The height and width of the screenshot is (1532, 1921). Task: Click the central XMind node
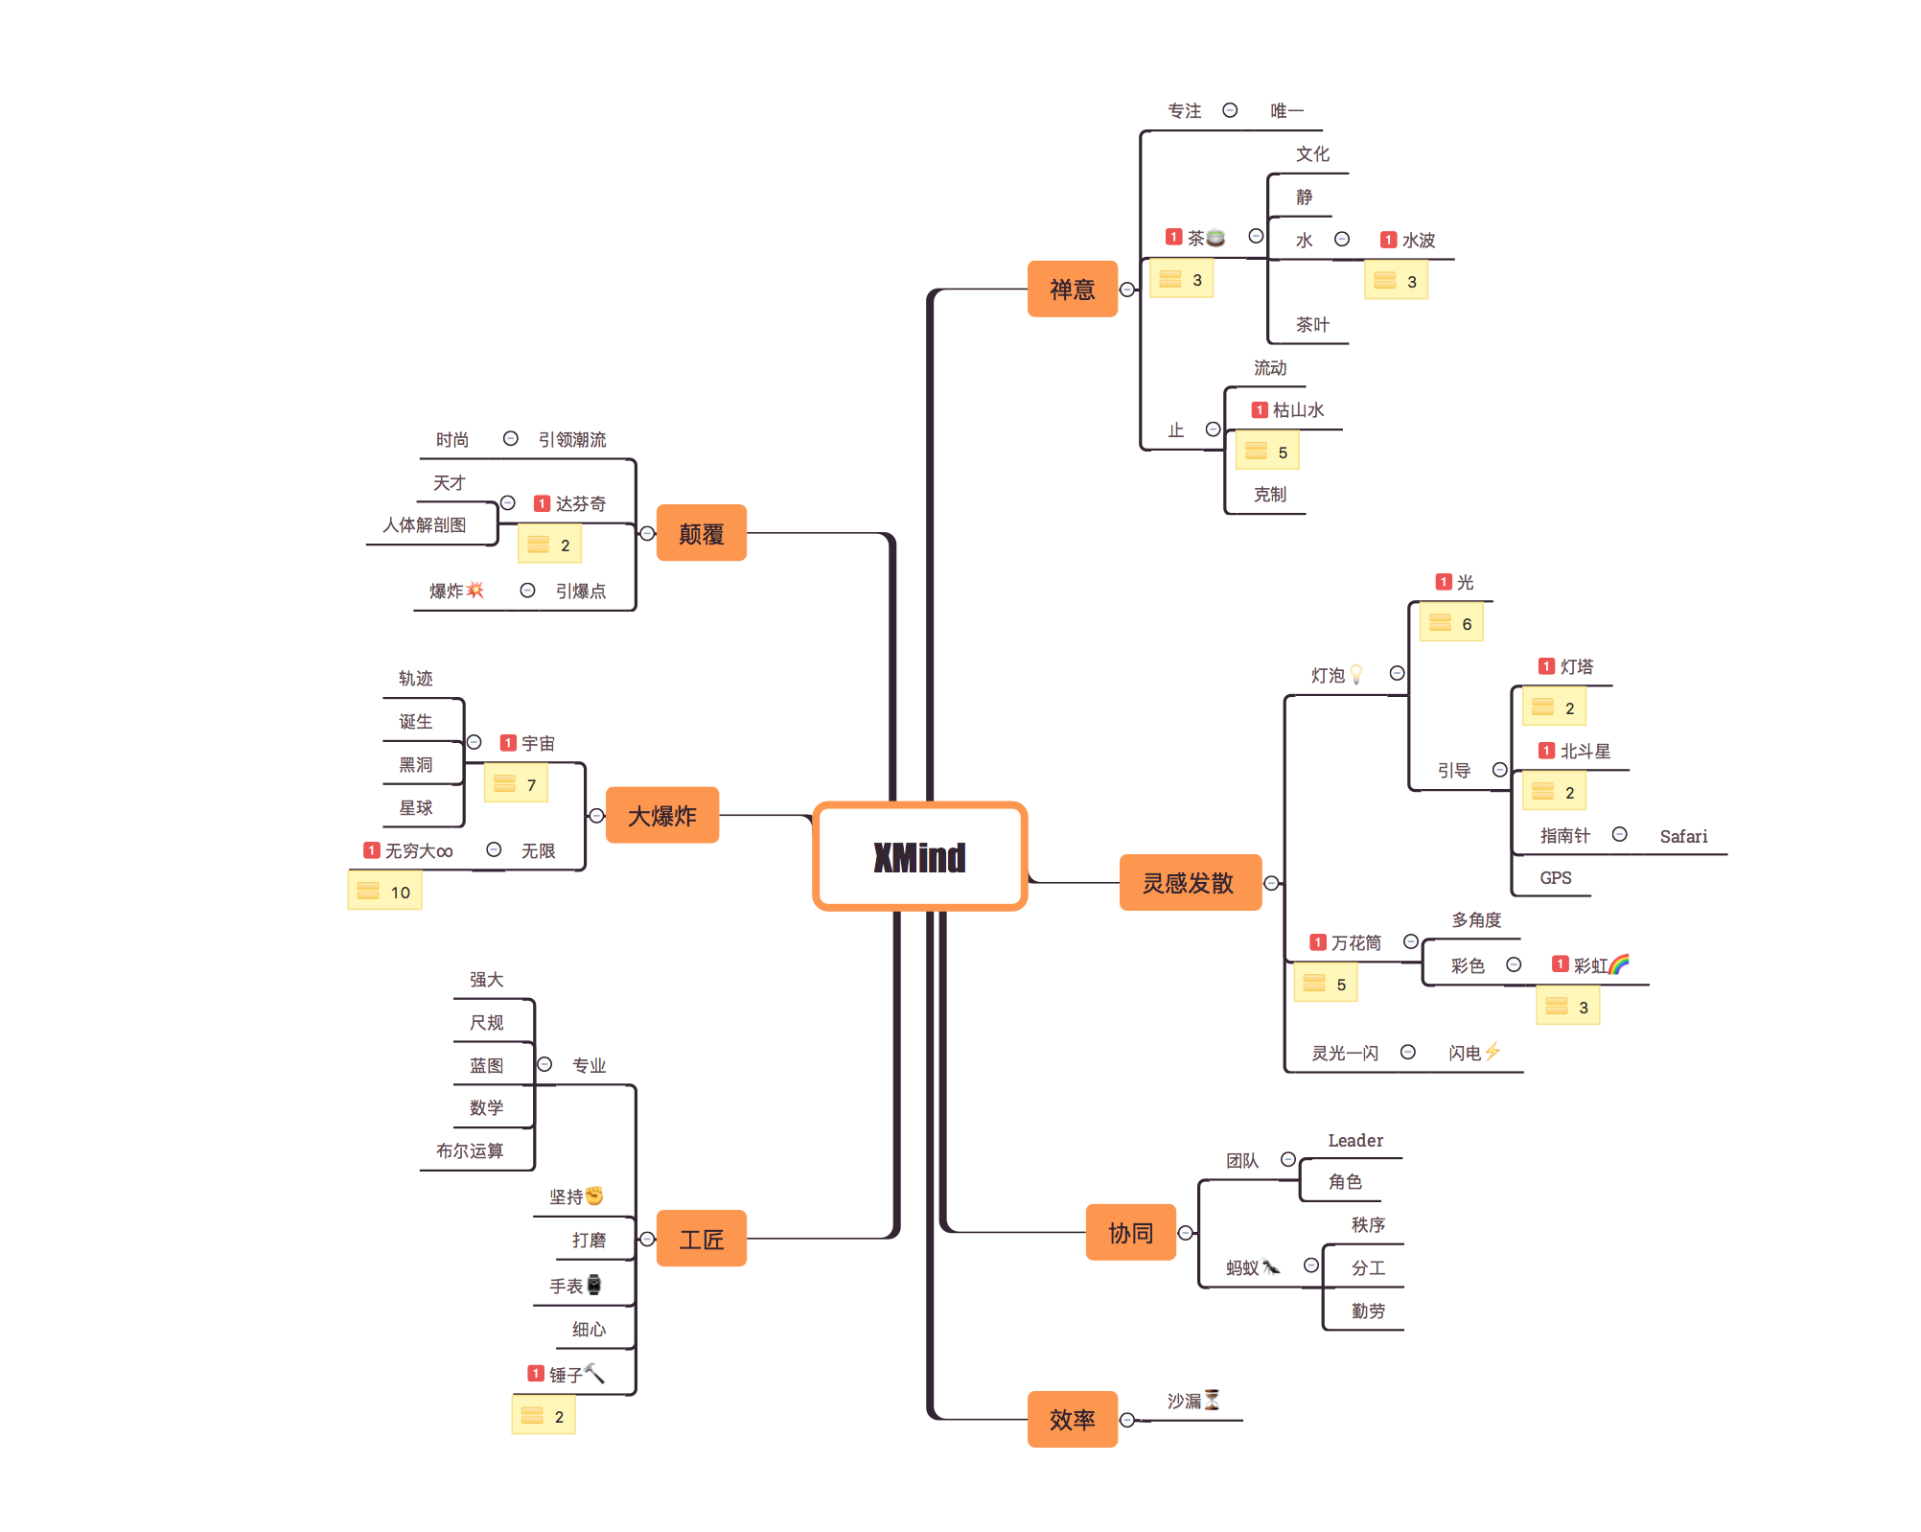pyautogui.click(x=920, y=856)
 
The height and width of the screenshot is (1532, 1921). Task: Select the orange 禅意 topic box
pyautogui.click(x=1072, y=289)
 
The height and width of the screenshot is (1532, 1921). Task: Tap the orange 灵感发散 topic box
pyautogui.click(x=1190, y=882)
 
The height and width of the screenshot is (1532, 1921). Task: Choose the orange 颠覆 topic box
pyautogui.click(x=701, y=533)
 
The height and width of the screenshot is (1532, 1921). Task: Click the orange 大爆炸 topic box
pyautogui.click(x=662, y=815)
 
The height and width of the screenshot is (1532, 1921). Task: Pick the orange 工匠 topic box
pyautogui.click(x=701, y=1239)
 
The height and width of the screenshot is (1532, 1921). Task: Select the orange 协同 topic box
pyautogui.click(x=1130, y=1232)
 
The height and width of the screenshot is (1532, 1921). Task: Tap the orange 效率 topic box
pyautogui.click(x=1072, y=1419)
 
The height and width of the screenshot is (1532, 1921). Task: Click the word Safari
pyautogui.click(x=1683, y=836)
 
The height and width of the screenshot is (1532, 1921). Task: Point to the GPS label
pyautogui.click(x=1555, y=877)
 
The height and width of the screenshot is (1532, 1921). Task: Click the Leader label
pyautogui.click(x=1355, y=1140)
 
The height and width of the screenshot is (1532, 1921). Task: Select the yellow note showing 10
pyautogui.click(x=384, y=891)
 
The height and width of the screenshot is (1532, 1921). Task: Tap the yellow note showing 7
pyautogui.click(x=516, y=783)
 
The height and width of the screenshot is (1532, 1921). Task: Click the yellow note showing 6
pyautogui.click(x=1451, y=622)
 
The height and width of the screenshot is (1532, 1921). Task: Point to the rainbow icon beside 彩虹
pyautogui.click(x=1619, y=963)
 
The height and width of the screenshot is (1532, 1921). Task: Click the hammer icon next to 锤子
pyautogui.click(x=594, y=1373)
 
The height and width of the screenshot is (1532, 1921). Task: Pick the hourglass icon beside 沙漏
pyautogui.click(x=1212, y=1400)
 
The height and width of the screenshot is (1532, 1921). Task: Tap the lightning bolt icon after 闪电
pyautogui.click(x=1493, y=1052)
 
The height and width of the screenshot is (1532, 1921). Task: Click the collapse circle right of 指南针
pyautogui.click(x=1619, y=834)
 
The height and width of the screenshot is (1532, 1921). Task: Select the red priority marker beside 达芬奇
pyautogui.click(x=542, y=503)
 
